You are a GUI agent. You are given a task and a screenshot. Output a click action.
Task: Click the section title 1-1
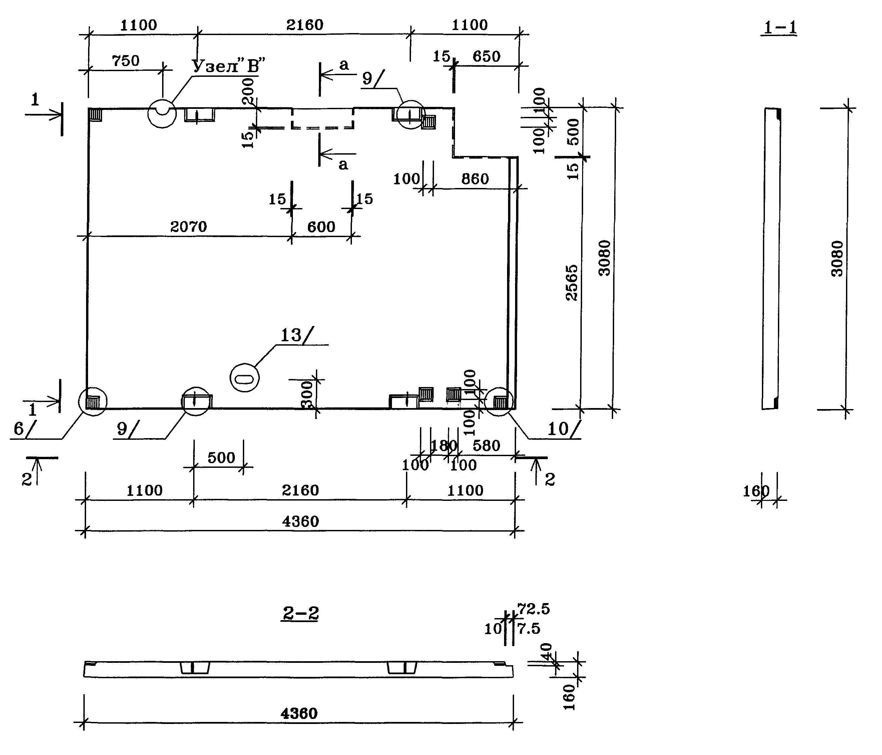click(779, 28)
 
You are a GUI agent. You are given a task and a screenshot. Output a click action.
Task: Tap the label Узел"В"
click(228, 66)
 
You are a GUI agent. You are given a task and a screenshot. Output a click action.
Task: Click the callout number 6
click(19, 429)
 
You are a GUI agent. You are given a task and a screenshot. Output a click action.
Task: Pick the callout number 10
click(558, 429)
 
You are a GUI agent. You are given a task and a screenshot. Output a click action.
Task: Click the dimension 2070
click(188, 227)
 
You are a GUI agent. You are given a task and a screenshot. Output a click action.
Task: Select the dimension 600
click(321, 227)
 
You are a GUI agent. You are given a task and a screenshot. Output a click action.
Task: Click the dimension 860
click(475, 179)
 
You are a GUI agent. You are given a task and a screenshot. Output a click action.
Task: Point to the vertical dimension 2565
click(572, 283)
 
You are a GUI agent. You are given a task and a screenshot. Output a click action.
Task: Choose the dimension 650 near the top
click(487, 56)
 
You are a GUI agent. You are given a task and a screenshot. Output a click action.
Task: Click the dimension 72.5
click(534, 610)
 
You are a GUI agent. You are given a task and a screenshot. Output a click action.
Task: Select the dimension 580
click(487, 446)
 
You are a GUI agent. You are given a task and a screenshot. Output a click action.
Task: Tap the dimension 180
click(444, 446)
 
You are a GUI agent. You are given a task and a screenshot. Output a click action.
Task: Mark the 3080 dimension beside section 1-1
click(837, 259)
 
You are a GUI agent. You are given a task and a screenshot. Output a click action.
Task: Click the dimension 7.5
click(529, 628)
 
